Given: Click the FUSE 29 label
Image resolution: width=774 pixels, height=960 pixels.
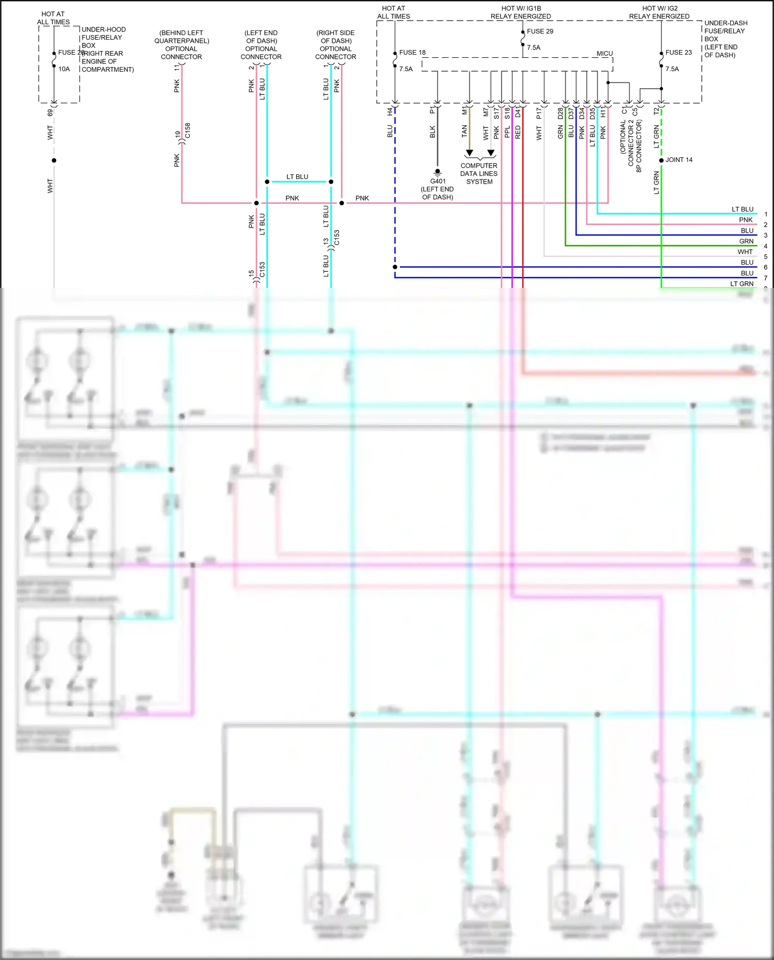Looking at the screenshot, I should [540, 31].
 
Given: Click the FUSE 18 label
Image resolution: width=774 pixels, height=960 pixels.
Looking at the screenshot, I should [412, 53].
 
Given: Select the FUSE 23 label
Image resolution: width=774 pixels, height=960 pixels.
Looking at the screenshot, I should [678, 53].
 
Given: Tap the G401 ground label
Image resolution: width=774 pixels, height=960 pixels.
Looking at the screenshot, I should [438, 182].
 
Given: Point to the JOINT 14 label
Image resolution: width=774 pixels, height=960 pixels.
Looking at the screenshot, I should [679, 160].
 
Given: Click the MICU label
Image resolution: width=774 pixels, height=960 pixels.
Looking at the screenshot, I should [604, 54].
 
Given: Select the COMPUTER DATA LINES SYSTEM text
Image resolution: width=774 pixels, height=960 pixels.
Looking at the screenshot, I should [479, 174].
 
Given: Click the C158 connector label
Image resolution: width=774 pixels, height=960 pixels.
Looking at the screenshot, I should [188, 131].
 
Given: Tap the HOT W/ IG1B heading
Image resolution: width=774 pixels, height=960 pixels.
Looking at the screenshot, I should [521, 9].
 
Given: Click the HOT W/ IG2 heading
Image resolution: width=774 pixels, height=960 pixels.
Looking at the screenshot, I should [659, 9].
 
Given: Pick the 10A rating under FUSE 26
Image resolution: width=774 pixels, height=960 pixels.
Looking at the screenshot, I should [64, 69].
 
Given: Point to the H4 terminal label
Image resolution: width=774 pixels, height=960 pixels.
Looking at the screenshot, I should [390, 111].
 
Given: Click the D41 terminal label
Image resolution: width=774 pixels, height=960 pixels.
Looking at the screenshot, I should [518, 112].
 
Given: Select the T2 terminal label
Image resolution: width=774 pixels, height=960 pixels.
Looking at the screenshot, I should [656, 111].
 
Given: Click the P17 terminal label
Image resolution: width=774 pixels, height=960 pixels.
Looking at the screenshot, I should [539, 112].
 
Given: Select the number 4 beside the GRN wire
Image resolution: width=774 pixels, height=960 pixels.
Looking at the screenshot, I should [766, 246].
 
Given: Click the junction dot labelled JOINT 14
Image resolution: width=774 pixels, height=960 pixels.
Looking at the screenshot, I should [661, 160].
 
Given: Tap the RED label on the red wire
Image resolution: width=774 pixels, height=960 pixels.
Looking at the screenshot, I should [518, 133].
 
